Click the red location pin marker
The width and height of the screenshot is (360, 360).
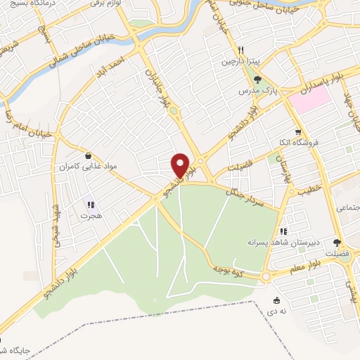point(181,165)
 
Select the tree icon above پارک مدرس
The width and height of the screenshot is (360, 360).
point(257,80)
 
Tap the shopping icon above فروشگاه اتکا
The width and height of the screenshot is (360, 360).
point(298,131)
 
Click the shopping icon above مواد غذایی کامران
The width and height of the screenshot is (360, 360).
point(87,156)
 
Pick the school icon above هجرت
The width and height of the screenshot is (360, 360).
point(90,205)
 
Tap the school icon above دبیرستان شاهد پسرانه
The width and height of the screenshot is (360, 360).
point(283,231)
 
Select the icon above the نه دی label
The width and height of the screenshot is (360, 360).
point(274,300)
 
